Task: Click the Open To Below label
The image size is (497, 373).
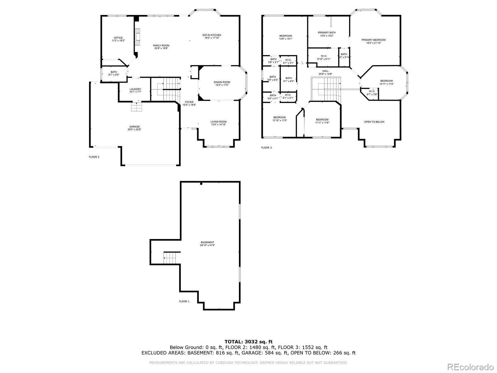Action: tap(374, 122)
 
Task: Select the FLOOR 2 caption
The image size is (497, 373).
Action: tap(94, 157)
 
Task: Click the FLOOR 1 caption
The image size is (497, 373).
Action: tap(184, 302)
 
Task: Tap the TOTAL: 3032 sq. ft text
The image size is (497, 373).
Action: tap(248, 342)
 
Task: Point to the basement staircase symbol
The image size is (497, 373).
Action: tap(170, 257)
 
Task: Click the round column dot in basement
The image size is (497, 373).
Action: tap(201, 184)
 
